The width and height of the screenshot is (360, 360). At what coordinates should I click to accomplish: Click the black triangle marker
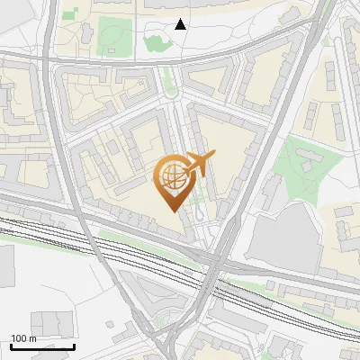[x=181, y=24]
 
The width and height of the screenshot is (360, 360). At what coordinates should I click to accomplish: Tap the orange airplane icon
[x=198, y=164]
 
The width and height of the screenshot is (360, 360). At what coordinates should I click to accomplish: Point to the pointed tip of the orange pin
[x=171, y=211]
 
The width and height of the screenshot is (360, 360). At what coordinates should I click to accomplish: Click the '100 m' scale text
[x=23, y=338]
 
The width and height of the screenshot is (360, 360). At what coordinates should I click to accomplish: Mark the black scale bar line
[x=42, y=346]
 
